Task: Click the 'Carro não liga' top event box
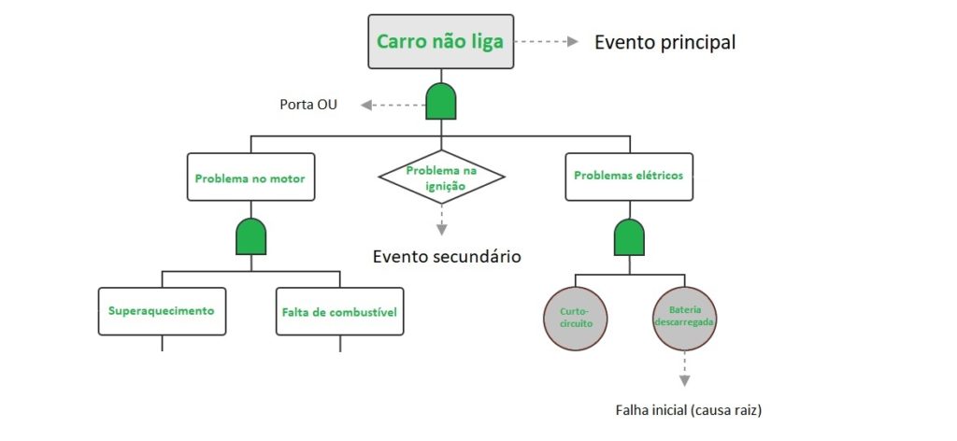[441, 42]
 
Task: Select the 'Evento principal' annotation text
[664, 42]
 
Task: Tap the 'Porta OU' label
[308, 105]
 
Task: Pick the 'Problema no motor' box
[250, 176]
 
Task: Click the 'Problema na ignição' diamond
[441, 177]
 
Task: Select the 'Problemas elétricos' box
[628, 176]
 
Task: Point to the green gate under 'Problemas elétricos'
[628, 237]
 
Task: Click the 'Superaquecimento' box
[162, 311]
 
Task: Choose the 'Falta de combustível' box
[339, 311]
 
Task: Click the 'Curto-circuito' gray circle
[575, 316]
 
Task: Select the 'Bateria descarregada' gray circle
[685, 316]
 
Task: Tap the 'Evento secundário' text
[447, 257]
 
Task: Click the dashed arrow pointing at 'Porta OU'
[393, 105]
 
